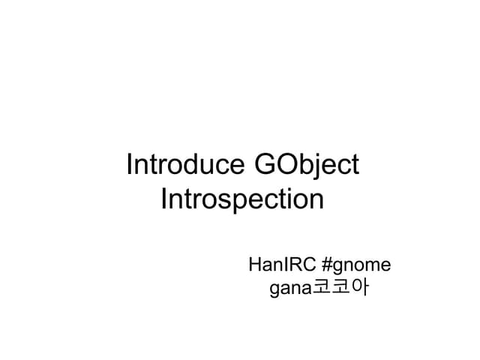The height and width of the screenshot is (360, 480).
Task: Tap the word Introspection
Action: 242,200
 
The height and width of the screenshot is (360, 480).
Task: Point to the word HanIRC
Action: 280,265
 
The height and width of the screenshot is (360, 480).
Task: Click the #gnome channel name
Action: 355,265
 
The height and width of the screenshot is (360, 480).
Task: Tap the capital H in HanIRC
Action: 255,265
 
